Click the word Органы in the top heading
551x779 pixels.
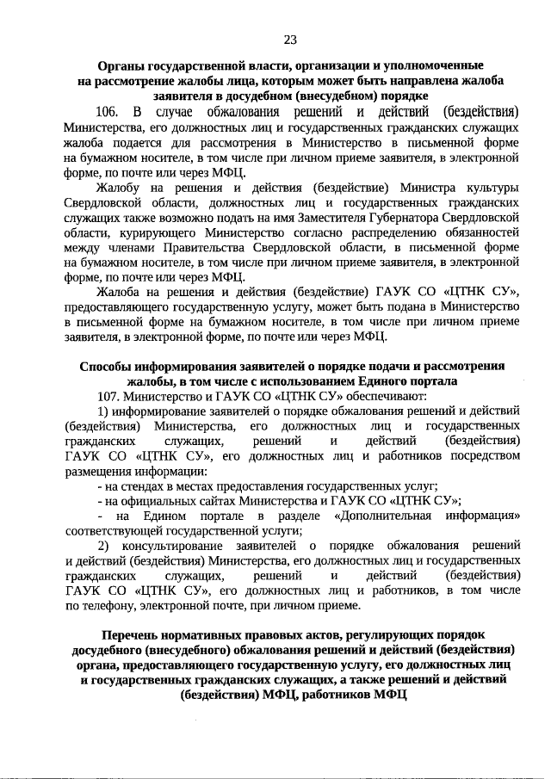click(x=122, y=65)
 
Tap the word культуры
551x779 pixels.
click(x=491, y=188)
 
